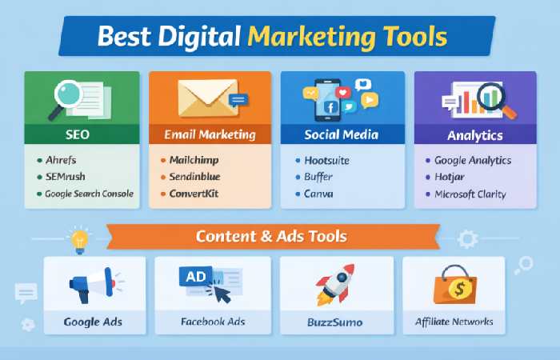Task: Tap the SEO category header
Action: click(x=78, y=134)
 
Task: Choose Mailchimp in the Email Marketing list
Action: click(x=193, y=160)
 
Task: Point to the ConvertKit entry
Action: click(x=194, y=194)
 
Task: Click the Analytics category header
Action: click(x=475, y=134)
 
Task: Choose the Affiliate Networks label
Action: click(x=454, y=322)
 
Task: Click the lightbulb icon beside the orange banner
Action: click(x=79, y=238)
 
